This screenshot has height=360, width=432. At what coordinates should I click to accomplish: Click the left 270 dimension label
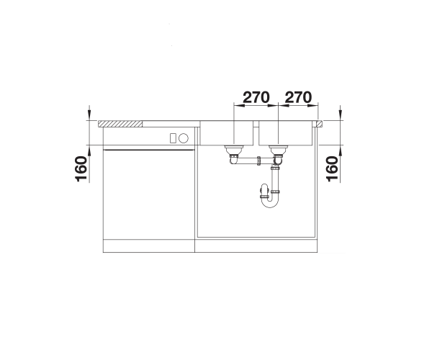click(256, 97)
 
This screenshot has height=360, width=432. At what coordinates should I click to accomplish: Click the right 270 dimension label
click(298, 97)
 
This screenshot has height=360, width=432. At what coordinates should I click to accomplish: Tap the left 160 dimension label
click(81, 168)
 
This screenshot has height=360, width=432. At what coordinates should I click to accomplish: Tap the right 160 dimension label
click(332, 168)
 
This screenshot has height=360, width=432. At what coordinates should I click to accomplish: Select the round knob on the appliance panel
click(184, 138)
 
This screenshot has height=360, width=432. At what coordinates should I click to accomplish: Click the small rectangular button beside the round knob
click(173, 138)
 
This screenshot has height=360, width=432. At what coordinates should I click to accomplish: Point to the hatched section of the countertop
click(120, 124)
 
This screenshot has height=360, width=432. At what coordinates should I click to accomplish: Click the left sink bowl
click(227, 133)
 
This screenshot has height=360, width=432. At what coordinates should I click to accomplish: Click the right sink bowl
click(285, 133)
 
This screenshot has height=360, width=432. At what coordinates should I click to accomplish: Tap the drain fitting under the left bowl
click(233, 150)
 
